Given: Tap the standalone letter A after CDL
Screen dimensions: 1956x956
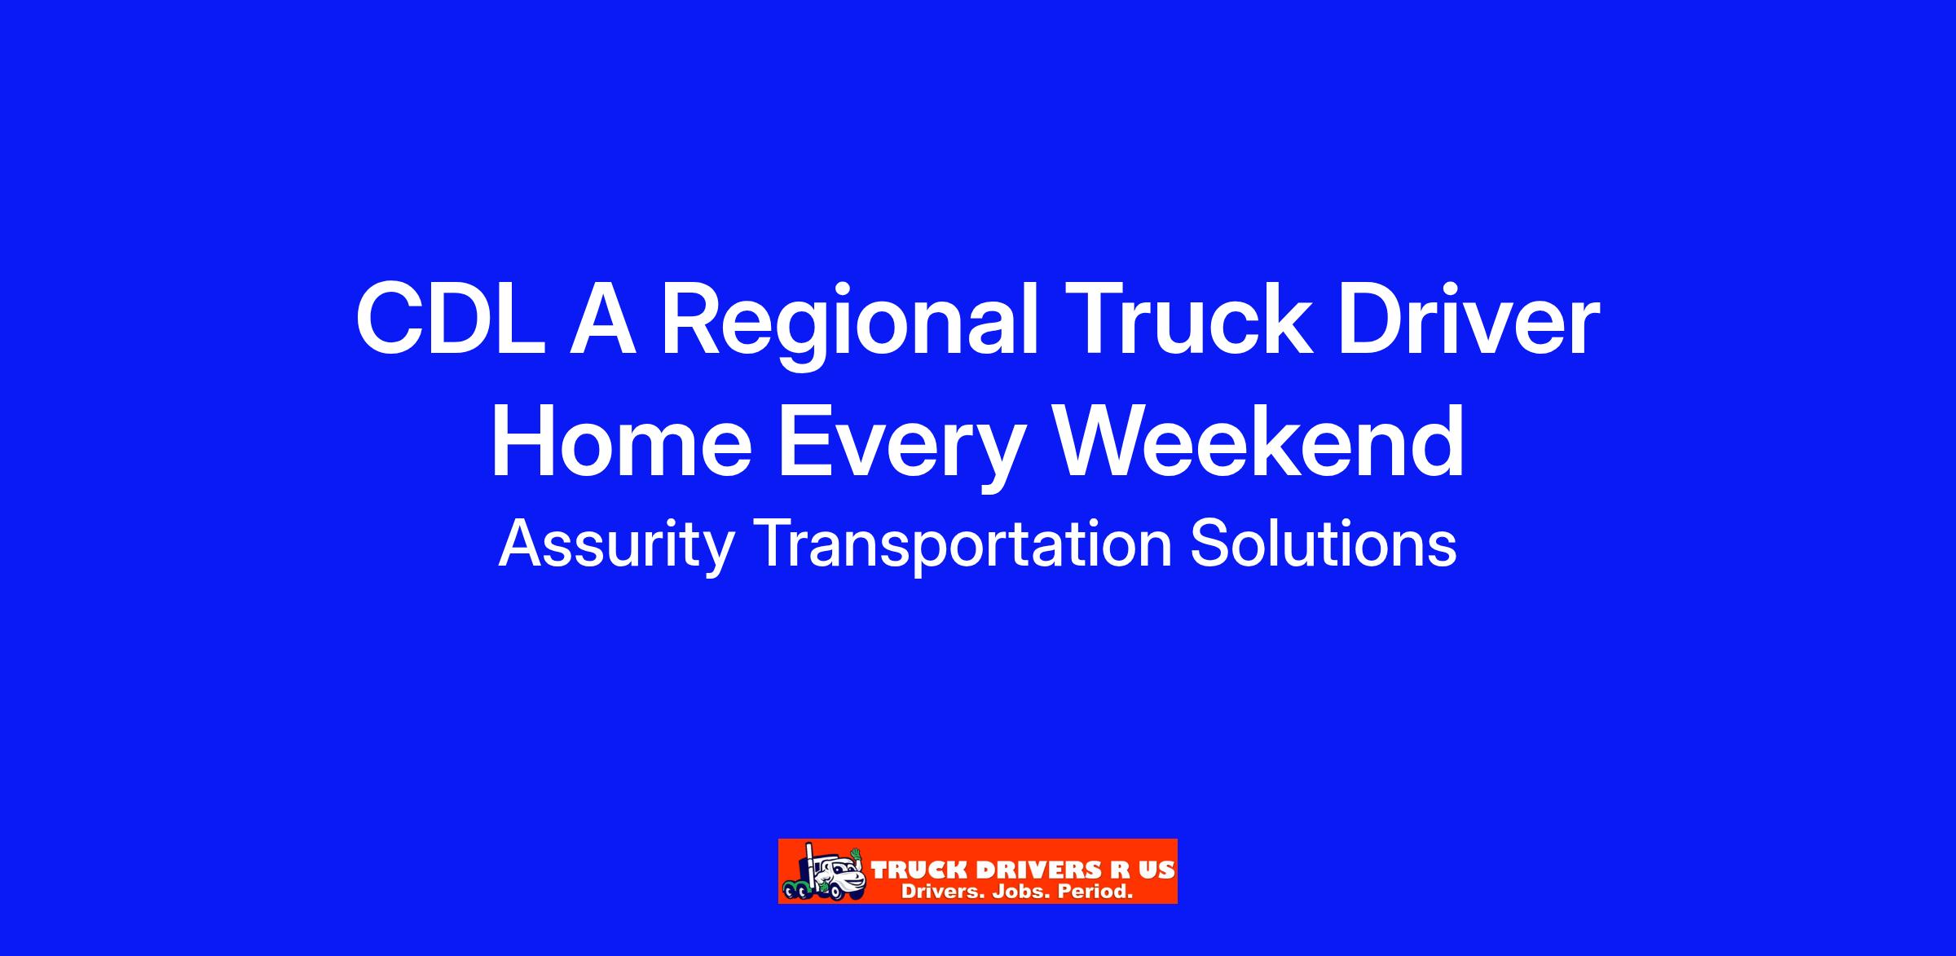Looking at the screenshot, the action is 602,320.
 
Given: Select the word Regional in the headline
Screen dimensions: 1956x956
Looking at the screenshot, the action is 849,325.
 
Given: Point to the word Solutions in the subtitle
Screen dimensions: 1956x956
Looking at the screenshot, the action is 1324,543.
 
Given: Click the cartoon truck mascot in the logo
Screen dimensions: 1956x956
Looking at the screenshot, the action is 824,871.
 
